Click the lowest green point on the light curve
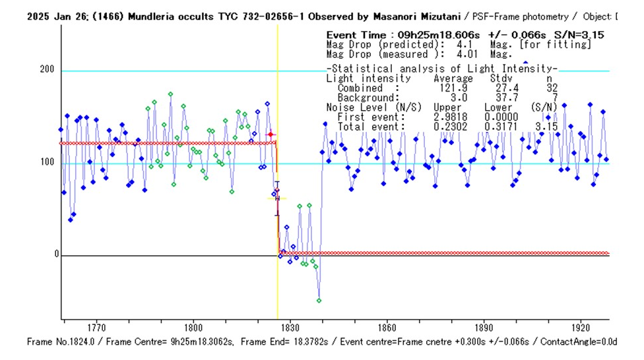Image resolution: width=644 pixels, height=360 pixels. point(319,300)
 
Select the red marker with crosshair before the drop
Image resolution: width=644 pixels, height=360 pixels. point(270,135)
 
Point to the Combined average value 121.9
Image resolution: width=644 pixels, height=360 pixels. point(449,88)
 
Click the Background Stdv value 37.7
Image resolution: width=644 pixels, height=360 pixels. point(498,98)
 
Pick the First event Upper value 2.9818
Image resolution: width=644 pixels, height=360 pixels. point(449,117)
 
